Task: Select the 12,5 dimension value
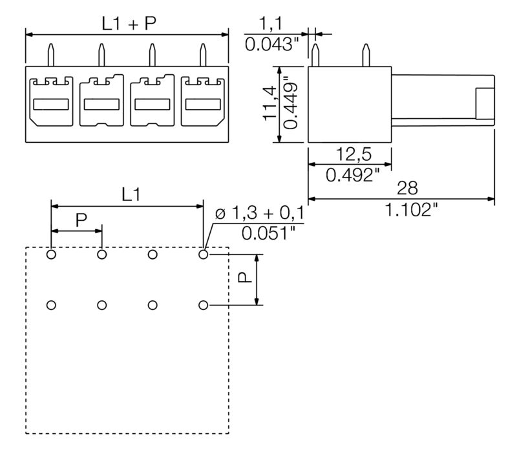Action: tap(349, 155)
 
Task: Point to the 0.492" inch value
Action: tap(349, 174)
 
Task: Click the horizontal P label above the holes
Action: tap(81, 220)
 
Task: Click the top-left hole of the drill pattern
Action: tap(51, 254)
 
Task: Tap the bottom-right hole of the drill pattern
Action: tap(204, 305)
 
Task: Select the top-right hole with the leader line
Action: tap(204, 254)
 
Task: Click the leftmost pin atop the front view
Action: tap(50, 54)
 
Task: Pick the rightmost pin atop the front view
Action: tap(203, 54)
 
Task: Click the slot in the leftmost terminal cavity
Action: tap(50, 104)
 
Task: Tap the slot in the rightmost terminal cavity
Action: tap(203, 104)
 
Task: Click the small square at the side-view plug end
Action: tap(485, 104)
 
